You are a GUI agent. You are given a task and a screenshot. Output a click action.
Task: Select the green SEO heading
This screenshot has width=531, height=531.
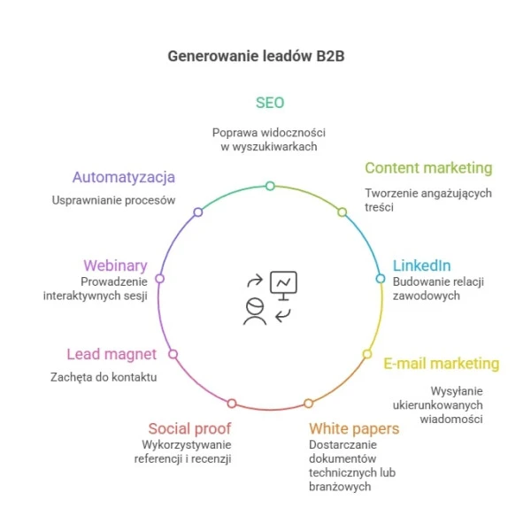(x=270, y=103)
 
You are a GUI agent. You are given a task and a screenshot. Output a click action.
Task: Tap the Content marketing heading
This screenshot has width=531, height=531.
(x=428, y=168)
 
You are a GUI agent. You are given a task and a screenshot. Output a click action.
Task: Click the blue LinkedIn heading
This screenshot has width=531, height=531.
(x=421, y=265)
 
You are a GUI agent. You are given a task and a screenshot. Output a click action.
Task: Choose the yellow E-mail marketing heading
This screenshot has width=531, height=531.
(x=441, y=363)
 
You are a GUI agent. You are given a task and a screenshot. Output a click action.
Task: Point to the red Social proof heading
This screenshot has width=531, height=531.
(x=189, y=429)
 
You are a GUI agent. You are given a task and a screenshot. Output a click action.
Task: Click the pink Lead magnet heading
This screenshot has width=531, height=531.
(x=112, y=354)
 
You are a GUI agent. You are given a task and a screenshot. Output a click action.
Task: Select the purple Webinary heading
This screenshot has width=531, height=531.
(x=115, y=265)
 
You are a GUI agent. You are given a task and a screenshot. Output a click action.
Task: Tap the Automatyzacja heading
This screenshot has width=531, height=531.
(x=124, y=177)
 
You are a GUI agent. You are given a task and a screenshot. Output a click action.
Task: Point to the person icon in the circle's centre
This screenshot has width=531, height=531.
(x=255, y=312)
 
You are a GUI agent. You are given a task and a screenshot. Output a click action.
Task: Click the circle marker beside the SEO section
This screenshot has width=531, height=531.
(x=270, y=186)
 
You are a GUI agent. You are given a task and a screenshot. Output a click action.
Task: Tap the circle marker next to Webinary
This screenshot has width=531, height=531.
(x=160, y=278)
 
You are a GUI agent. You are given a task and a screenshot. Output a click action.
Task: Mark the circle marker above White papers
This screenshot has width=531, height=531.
(x=308, y=404)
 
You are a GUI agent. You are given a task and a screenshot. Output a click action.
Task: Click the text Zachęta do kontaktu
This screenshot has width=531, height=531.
(x=103, y=377)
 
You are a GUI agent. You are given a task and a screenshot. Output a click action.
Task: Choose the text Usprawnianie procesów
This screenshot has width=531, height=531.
(x=113, y=200)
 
